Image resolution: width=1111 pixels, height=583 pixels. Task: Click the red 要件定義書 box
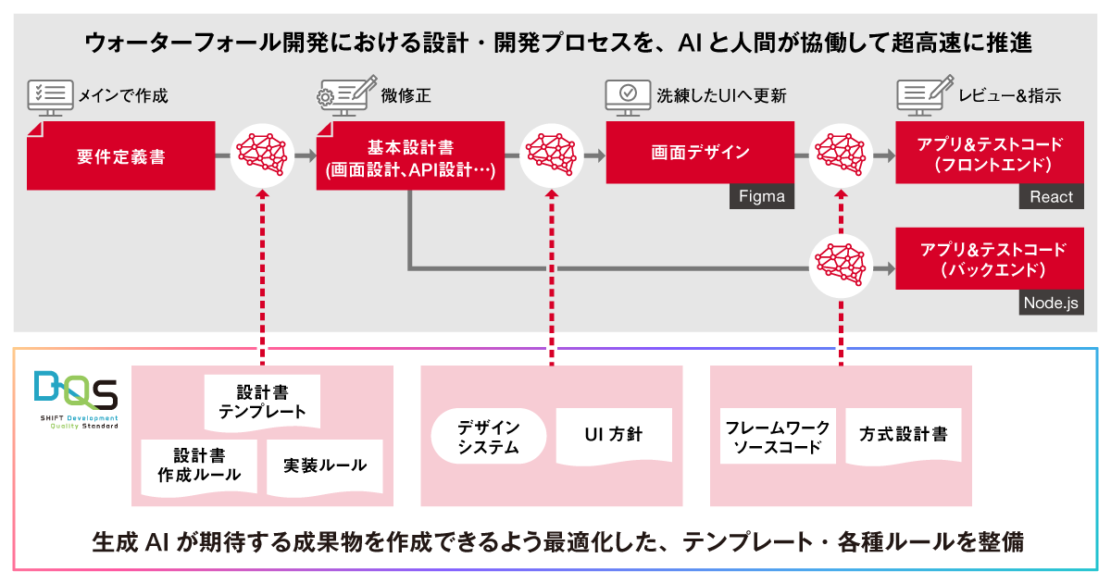(121, 155)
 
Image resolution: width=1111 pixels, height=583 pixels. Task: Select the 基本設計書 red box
(410, 156)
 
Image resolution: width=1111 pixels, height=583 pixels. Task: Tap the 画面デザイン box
(700, 153)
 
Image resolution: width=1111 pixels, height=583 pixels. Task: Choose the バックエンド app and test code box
(990, 259)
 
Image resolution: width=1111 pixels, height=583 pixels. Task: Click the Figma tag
(762, 196)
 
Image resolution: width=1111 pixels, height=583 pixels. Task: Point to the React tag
(1052, 196)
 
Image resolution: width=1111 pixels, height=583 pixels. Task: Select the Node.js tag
(1051, 303)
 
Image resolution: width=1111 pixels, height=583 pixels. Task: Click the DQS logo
(75, 399)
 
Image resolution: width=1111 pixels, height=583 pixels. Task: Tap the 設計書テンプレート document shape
(263, 402)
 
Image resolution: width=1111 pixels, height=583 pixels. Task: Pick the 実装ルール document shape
(325, 465)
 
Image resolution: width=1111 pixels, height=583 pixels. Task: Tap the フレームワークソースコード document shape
(778, 437)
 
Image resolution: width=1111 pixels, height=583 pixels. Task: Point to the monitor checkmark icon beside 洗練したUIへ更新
(627, 95)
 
